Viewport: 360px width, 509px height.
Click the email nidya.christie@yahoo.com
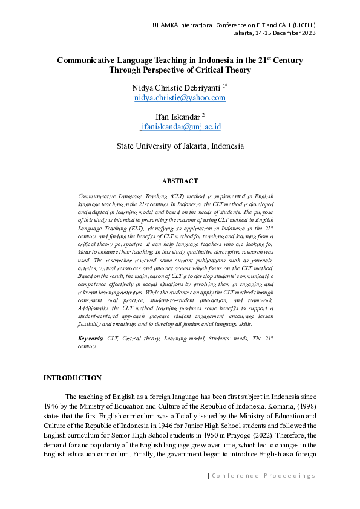pyautogui.click(x=180, y=98)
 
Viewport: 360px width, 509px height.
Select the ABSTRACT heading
pyautogui.click(x=180, y=181)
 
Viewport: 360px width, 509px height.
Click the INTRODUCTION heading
pyautogui.click(x=72, y=378)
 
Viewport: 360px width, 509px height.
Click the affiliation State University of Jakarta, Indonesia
pyautogui.click(x=180, y=146)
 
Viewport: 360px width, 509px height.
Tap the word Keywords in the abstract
pyautogui.click(x=91, y=339)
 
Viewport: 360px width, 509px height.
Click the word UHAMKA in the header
pyautogui.click(x=165, y=24)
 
